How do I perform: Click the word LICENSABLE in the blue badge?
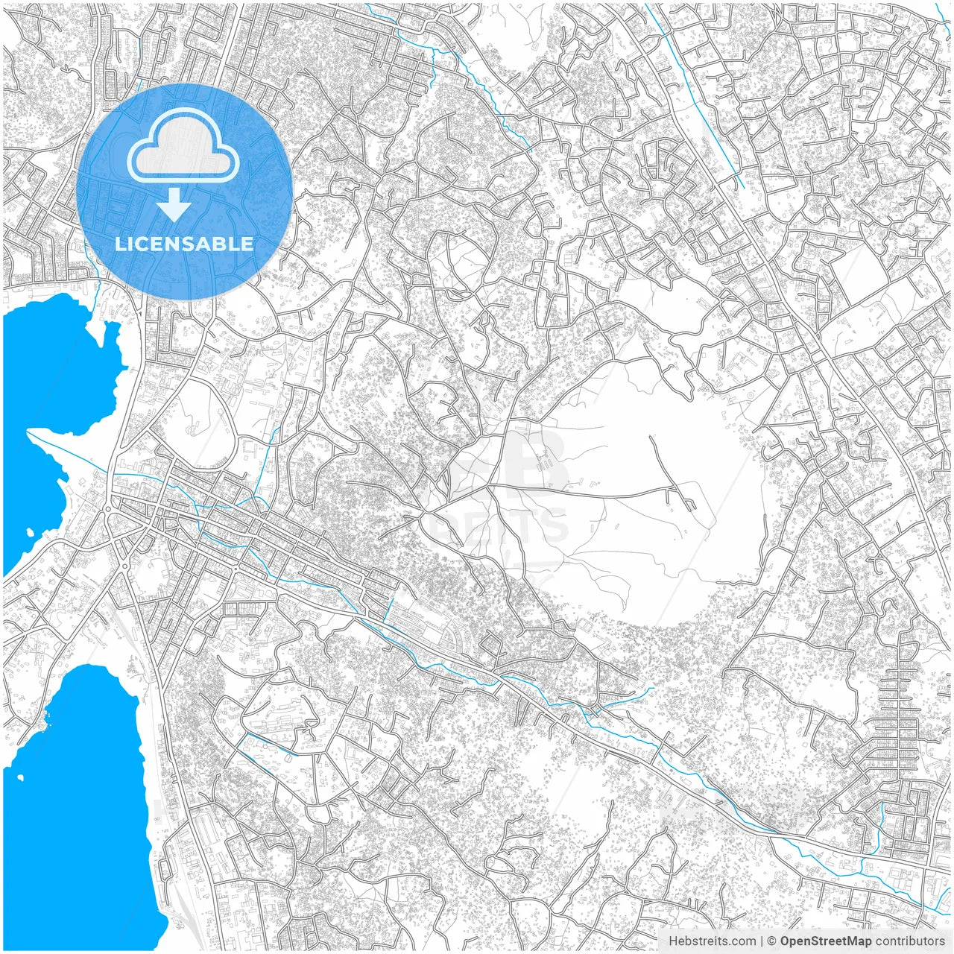[184, 244]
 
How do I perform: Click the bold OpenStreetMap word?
[826, 941]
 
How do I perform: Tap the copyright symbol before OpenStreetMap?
[772, 941]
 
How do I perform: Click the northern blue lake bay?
[52, 373]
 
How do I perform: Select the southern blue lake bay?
[75, 805]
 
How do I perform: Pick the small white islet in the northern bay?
[30, 534]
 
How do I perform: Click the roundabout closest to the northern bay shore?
[107, 510]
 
